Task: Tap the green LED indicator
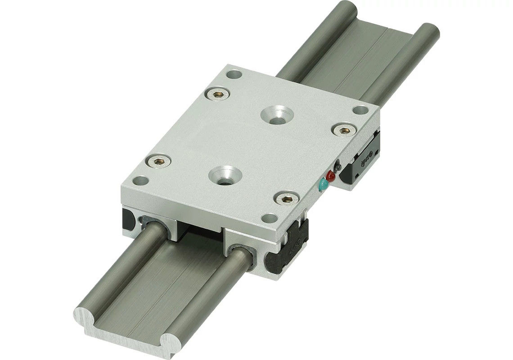pos(323,184)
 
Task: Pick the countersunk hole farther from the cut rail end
pos(276,113)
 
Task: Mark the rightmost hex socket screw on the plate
pos(343,130)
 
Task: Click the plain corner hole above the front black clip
pos(269,218)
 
